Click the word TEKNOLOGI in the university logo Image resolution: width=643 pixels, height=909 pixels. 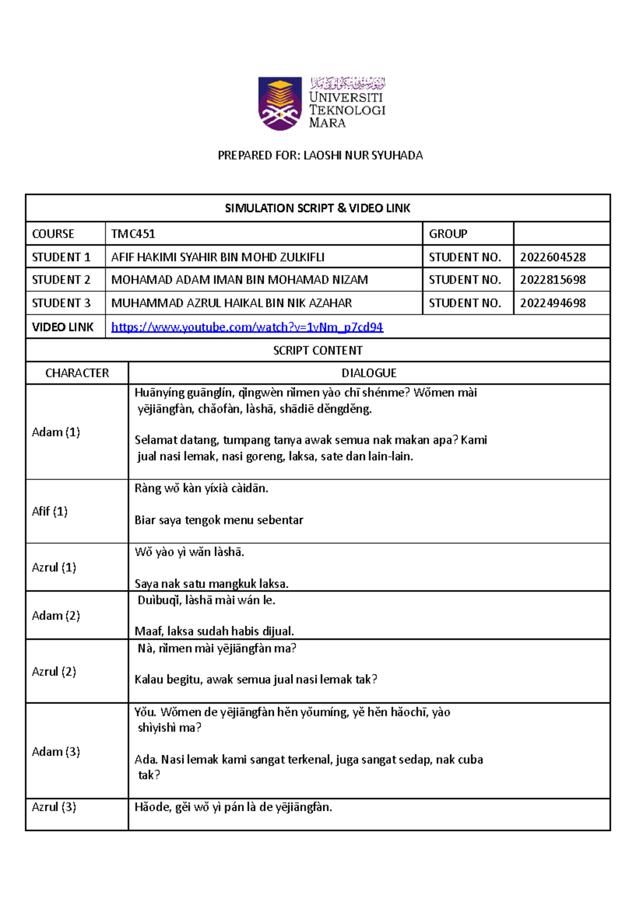click(x=347, y=110)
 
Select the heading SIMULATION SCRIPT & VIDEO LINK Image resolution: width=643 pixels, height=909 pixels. click(x=317, y=208)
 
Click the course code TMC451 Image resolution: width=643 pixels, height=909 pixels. click(x=133, y=234)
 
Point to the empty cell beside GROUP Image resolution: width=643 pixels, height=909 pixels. click(x=561, y=234)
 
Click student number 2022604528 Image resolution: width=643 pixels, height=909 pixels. click(x=552, y=257)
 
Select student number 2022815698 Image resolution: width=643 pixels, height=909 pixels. click(x=552, y=280)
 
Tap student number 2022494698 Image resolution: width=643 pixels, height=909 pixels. click(x=552, y=303)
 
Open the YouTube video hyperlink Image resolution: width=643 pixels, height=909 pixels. click(x=247, y=327)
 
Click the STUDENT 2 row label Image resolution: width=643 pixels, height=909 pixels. click(x=61, y=280)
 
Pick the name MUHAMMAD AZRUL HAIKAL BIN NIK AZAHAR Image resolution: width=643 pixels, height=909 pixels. click(x=231, y=303)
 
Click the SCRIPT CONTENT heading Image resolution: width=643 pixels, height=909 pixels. click(x=317, y=351)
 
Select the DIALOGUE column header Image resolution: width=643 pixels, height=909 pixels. click(x=369, y=373)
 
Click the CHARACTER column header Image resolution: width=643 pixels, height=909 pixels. click(x=77, y=373)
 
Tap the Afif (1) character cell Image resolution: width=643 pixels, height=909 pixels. click(x=49, y=511)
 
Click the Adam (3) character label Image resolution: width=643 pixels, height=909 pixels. click(x=56, y=752)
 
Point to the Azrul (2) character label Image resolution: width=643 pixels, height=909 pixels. click(x=54, y=671)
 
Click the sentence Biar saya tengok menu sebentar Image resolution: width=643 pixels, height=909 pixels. click(x=219, y=520)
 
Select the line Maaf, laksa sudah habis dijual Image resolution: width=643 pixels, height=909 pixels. click(x=214, y=632)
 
